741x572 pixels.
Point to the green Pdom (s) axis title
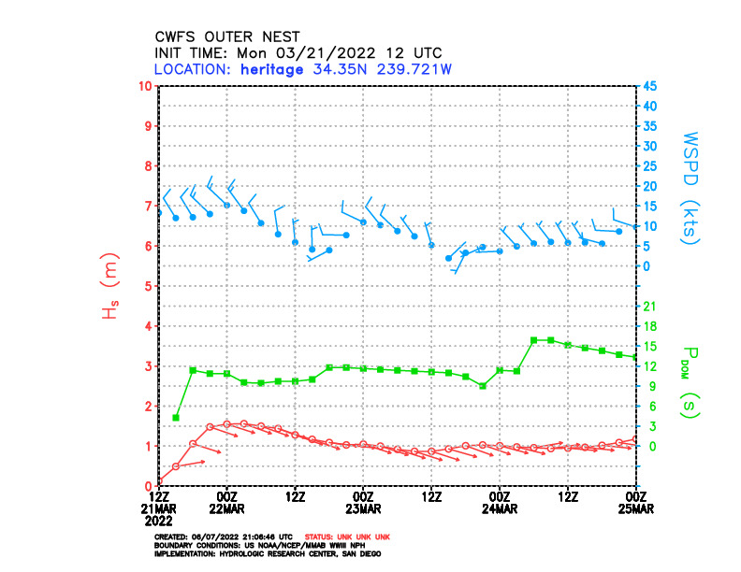coord(691,381)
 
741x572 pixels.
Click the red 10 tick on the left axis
coord(145,87)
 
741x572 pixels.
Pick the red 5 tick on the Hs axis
coord(148,287)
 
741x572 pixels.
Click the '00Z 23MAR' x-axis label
coord(363,502)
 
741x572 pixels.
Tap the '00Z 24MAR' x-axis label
coord(500,502)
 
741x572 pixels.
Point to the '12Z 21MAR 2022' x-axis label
coord(159,508)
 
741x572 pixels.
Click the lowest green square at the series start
coord(176,418)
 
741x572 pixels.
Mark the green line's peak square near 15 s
coord(533,340)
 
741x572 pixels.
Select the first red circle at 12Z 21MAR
coord(159,481)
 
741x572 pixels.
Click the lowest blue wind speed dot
coord(449,258)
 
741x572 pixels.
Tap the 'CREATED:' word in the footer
coord(172,537)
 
